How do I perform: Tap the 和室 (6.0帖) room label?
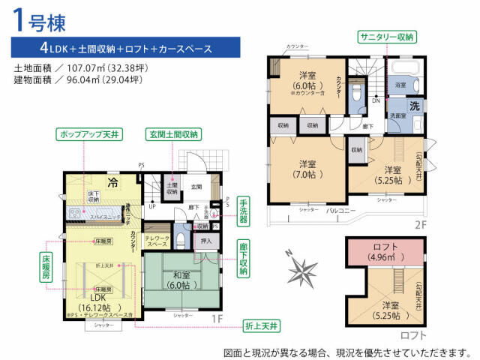coord(178,280)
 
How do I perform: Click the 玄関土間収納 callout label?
coord(173,134)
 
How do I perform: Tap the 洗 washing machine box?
coord(414,106)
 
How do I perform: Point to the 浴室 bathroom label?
coord(400,85)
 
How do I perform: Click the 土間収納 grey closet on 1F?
coord(172,188)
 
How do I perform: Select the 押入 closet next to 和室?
coord(207,241)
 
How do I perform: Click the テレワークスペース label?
coord(157,241)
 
